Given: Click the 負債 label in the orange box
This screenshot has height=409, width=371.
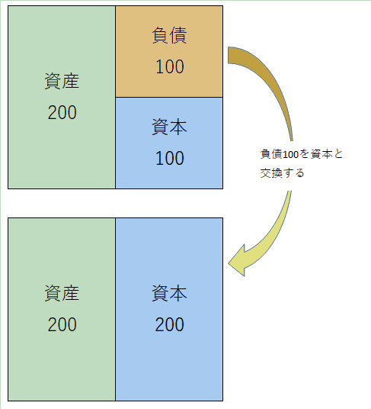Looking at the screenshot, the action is pos(169,35).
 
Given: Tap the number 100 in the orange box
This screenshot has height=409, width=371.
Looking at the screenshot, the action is pos(170,66).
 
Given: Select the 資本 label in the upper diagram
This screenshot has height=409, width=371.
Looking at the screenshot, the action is pos(169,127).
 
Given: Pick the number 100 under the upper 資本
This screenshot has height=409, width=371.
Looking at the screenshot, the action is pos(170,158).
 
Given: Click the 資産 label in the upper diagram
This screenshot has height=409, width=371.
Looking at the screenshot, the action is pos(62,81).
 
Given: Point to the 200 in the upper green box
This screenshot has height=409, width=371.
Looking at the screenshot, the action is pos(62,112).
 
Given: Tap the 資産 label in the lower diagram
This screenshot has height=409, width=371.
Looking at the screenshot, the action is pos(62,293).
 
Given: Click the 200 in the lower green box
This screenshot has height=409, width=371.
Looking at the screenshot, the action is pos(62,324).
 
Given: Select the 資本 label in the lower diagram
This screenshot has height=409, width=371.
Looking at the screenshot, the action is pos(169,293).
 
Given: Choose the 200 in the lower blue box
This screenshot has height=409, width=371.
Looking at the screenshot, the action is pos(170,324).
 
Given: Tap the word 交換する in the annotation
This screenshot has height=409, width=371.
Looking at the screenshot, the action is pos(282,173).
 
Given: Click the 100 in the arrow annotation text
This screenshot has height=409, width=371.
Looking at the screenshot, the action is pos(290,155).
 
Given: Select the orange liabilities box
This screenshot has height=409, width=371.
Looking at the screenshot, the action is pos(169,52).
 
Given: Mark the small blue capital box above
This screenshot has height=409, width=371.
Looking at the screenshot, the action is pos(169,143).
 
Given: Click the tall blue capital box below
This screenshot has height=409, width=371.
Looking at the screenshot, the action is pos(169,309).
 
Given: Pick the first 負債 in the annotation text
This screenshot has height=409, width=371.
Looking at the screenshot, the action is pos(271,154).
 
